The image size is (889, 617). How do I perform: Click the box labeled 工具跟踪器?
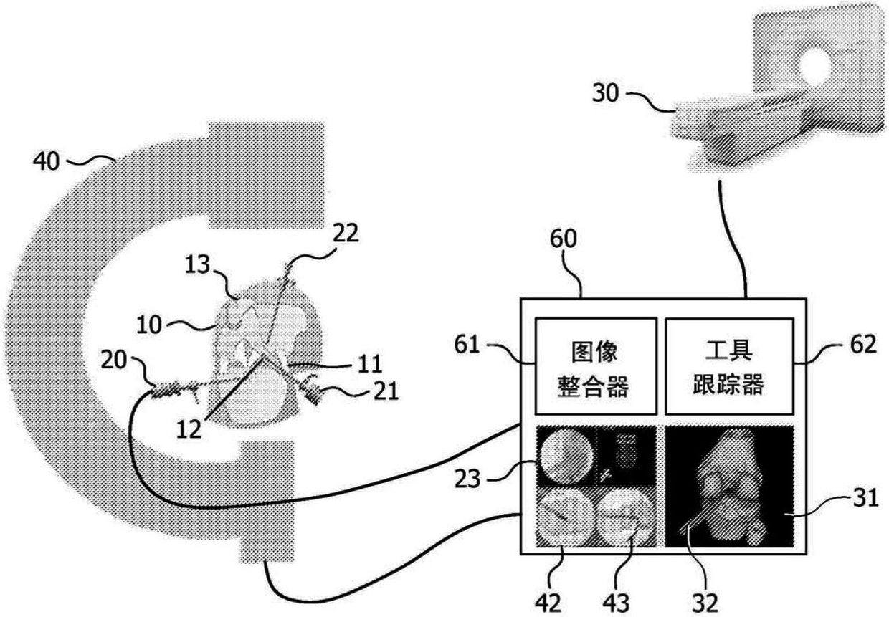[x=728, y=365]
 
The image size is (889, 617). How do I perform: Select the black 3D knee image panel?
[x=728, y=487]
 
